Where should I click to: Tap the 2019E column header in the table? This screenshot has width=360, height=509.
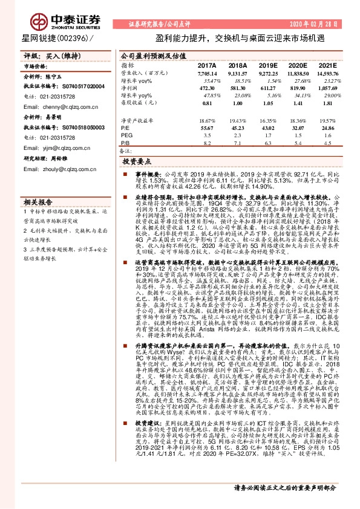coord(267,65)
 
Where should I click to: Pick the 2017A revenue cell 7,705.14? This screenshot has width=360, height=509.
coord(206,73)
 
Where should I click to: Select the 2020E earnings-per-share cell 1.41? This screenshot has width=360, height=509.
coord(296,103)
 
